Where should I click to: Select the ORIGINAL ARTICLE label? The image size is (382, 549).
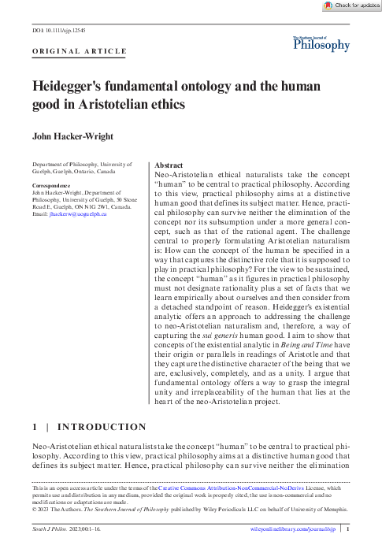click(x=79, y=52)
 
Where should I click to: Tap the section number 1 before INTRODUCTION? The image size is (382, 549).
click(x=35, y=428)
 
